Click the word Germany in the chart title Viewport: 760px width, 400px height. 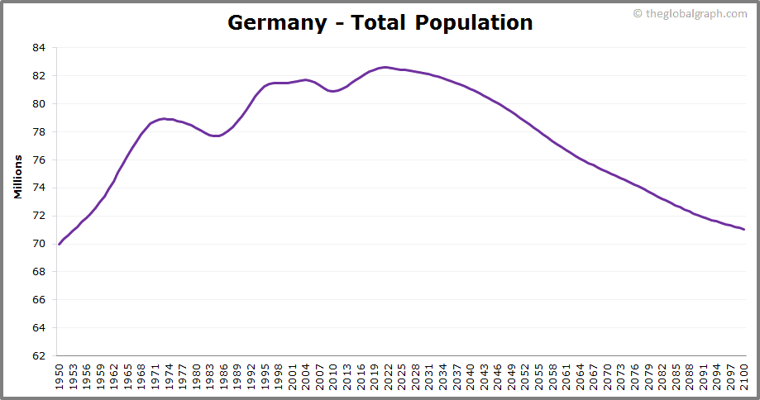(277, 22)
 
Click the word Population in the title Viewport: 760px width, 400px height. (474, 22)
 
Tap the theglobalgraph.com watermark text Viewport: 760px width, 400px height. (695, 13)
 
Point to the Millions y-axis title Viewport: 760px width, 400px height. (17, 175)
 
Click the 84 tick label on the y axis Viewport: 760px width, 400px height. (39, 48)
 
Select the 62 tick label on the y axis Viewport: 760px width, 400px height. (39, 356)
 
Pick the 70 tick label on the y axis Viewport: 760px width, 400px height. (39, 244)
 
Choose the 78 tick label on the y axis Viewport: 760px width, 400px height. (39, 132)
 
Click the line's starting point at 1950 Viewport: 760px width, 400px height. (60, 244)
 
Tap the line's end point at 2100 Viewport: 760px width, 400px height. (744, 230)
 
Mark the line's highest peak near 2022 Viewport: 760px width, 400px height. (385, 67)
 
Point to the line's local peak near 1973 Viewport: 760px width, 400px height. (165, 118)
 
